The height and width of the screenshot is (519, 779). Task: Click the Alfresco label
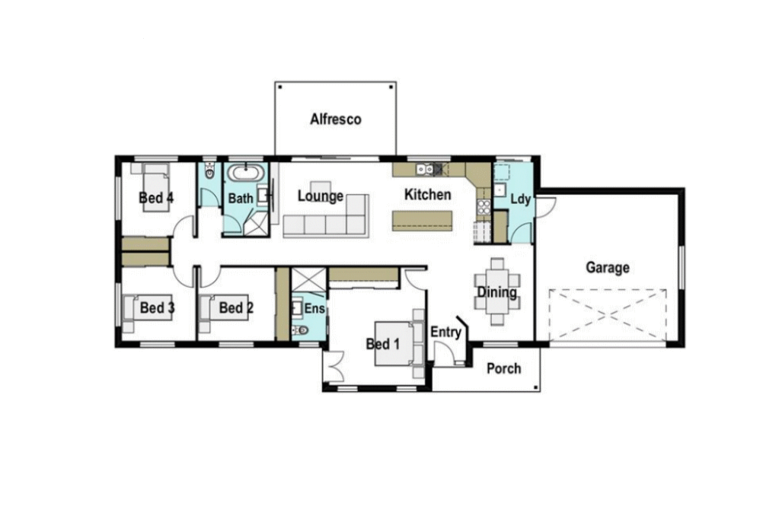pos(336,119)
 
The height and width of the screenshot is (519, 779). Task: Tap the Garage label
pos(608,268)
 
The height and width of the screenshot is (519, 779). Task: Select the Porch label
pos(504,368)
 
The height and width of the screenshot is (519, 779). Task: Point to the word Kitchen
pos(428,195)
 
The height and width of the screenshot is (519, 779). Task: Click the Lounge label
pos(321,196)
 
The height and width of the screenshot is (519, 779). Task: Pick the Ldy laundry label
pos(521,199)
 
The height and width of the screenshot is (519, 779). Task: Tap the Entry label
pos(445,333)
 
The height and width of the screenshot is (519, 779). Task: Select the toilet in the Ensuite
pos(300,330)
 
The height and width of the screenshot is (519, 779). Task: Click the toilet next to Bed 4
pos(209,174)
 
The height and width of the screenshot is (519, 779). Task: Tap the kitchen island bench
pos(423,221)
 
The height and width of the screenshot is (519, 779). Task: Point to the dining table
pos(497,291)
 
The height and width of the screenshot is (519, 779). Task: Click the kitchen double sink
pos(425,170)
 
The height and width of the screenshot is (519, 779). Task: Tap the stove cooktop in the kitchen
pos(484,206)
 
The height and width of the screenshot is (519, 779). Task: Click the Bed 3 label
pos(157,308)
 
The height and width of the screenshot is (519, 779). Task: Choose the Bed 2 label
pos(236,308)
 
